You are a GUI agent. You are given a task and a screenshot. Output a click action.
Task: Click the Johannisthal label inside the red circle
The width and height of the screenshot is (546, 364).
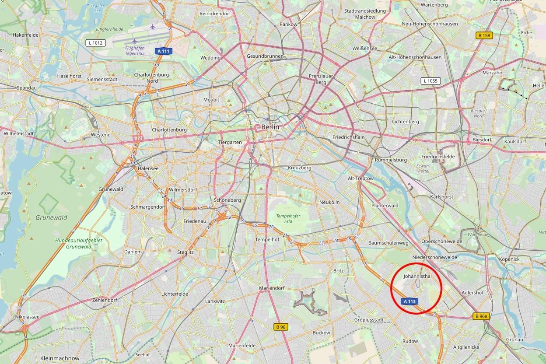(x=417, y=276)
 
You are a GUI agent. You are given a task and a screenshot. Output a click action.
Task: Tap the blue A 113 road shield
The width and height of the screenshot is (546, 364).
(x=409, y=301)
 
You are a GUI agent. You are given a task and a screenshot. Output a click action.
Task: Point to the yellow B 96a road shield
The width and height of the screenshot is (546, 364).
(x=481, y=316)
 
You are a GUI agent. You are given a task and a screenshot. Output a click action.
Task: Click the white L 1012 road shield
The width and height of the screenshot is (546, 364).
(x=95, y=42)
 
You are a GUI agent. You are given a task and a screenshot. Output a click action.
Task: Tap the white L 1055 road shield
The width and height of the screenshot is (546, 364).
(x=430, y=81)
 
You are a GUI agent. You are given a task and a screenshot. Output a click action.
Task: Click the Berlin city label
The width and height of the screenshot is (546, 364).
(x=270, y=127)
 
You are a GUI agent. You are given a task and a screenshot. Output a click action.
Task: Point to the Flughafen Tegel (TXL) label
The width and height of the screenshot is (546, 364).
(x=134, y=50)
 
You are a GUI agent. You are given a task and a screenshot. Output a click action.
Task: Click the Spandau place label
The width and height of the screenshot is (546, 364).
(x=26, y=88)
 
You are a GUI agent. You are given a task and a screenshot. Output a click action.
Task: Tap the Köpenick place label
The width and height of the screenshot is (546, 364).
(x=509, y=259)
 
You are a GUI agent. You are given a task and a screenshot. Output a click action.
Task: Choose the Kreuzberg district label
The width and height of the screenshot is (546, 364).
(x=299, y=168)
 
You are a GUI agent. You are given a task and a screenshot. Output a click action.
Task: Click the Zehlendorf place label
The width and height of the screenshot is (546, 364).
(x=105, y=301)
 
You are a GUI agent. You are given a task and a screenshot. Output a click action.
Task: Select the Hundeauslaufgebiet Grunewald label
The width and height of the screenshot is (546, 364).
(x=73, y=244)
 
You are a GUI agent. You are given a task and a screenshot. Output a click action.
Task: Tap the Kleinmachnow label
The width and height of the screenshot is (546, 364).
(x=60, y=358)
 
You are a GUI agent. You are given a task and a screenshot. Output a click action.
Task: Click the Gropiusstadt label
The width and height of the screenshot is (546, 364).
(x=368, y=320)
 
